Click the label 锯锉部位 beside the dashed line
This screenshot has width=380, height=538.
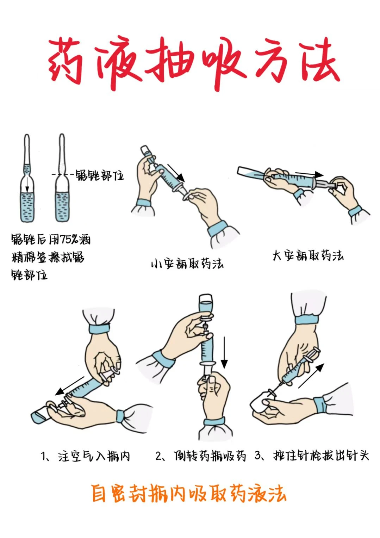pos(100,175)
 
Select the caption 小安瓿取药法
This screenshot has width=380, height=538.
pos(187,264)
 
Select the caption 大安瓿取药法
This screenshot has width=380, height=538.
pos(307,255)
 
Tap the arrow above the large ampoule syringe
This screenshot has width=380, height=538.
pos(309,174)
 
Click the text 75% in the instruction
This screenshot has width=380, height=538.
pos(69,240)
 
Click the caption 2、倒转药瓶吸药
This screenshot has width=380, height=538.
pos(200,456)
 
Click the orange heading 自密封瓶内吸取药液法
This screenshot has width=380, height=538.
pos(189,493)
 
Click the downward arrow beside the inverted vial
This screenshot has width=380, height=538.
pos(224,352)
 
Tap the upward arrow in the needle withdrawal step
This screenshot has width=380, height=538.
pos(311,376)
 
